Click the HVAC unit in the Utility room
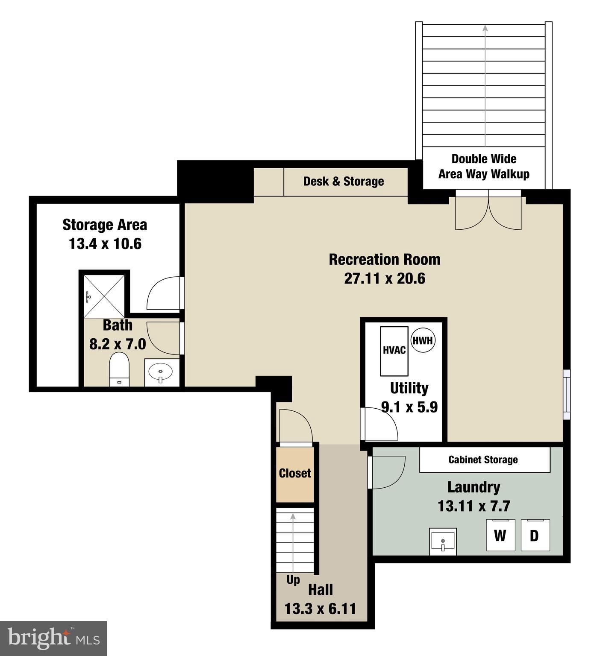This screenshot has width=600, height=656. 394,351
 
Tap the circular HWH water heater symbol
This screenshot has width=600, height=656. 423,340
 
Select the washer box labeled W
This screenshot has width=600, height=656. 500,535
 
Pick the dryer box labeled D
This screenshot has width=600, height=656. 535,535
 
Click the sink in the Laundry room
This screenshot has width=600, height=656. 443,542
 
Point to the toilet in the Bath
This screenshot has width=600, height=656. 119,369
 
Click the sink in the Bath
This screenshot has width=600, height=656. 161,372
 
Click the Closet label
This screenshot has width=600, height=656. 295,473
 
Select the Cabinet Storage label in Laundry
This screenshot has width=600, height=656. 483,460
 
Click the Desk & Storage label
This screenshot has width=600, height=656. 344,181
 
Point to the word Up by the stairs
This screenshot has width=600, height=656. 293,580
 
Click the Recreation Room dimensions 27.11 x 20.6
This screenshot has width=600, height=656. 385,278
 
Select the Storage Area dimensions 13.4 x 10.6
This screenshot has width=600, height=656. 105,244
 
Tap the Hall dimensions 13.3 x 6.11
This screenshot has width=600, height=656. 320,609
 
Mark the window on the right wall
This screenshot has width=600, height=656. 567,394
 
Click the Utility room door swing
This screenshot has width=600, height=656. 379,424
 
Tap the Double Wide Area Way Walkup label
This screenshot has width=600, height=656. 484,167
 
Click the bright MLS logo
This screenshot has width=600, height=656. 53,638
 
